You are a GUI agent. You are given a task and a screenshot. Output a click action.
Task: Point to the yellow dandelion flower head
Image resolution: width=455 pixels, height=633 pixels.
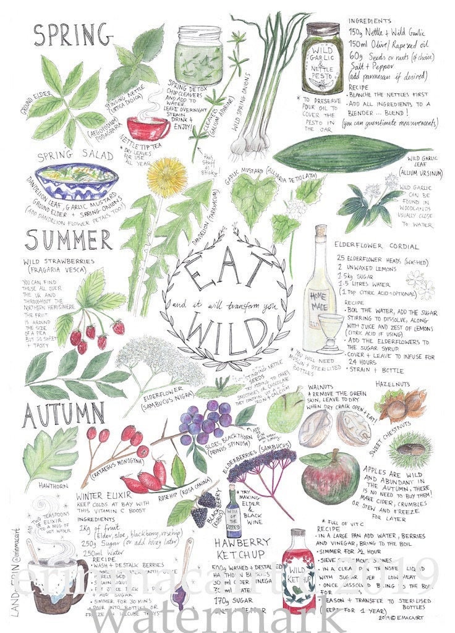pyautogui.click(x=167, y=177)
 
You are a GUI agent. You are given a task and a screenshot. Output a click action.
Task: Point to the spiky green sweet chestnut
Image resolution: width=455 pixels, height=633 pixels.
pyautogui.click(x=409, y=448)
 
